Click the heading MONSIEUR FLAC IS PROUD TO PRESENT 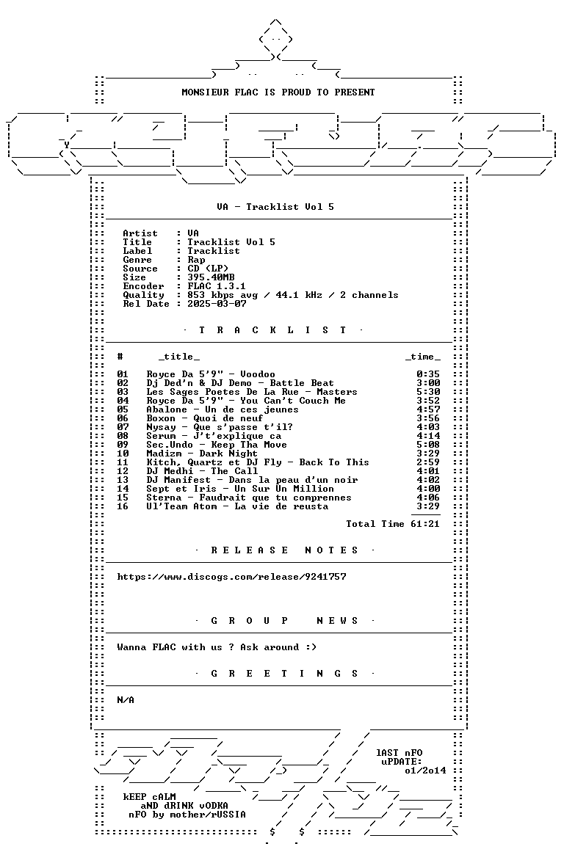tap(278, 92)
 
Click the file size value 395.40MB tap(211, 277)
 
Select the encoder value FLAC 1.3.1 tap(217, 286)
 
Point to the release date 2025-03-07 tap(217, 304)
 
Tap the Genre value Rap tap(196, 260)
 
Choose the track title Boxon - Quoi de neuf tap(204, 418)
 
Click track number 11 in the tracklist tap(122, 462)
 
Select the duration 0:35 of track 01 tap(428, 374)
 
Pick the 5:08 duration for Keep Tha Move tap(428, 445)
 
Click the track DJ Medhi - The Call tap(201, 471)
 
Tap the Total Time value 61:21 tap(424, 524)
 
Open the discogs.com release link tap(231, 577)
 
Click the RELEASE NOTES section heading tap(284, 550)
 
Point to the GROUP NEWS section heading tap(284, 621)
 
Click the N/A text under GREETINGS tap(126, 700)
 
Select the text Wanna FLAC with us tap(169, 647)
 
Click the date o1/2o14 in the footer tap(425, 771)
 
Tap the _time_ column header tap(422, 357)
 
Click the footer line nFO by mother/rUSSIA tap(187, 815)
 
